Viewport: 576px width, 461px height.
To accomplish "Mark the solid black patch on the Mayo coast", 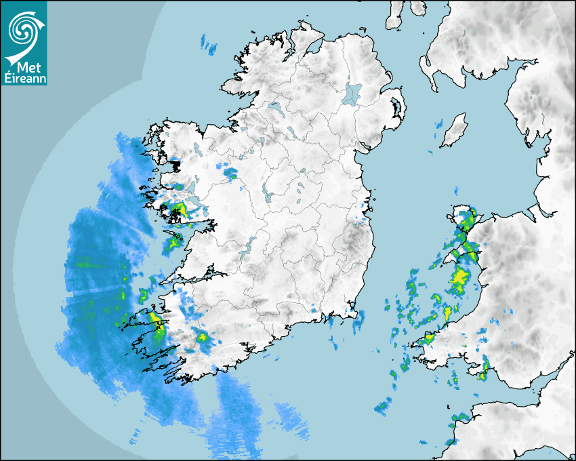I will (x=174, y=164).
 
